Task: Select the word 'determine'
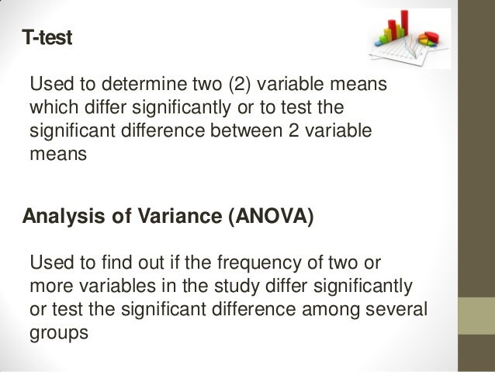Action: click(134, 84)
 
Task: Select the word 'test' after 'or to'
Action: click(293, 106)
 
